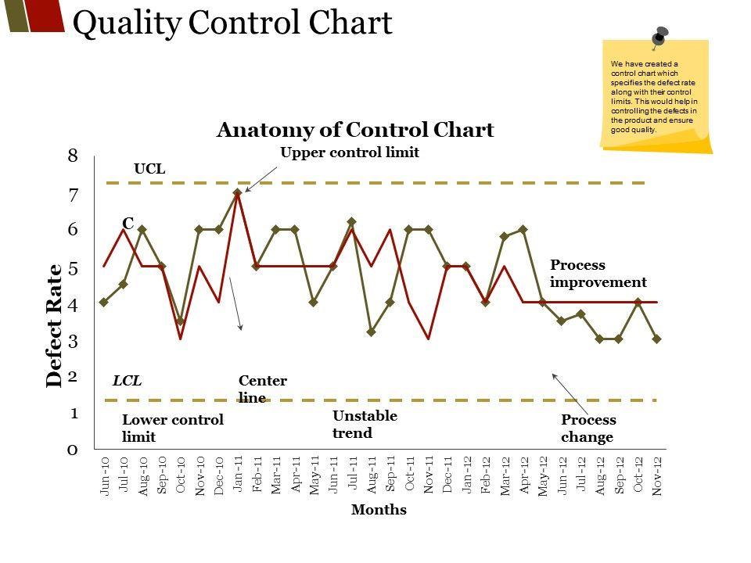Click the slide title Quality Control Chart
[x=232, y=23]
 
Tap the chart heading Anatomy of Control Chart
[x=354, y=130]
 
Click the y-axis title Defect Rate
[x=54, y=325]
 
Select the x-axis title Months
[x=379, y=510]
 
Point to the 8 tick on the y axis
[x=73, y=156]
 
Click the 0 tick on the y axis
[x=73, y=450]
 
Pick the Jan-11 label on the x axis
[x=238, y=474]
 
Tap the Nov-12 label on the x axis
[x=657, y=475]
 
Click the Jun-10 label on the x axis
[x=104, y=475]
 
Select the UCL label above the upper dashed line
[x=149, y=168]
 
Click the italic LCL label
[x=127, y=381]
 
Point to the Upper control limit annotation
[x=350, y=152]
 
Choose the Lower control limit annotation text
[x=172, y=428]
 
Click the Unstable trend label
[x=365, y=424]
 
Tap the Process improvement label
[x=598, y=274]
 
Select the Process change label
[x=588, y=429]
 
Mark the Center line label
[x=262, y=389]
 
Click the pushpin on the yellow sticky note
[x=659, y=36]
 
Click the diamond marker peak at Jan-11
[x=237, y=192]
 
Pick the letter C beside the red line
[x=127, y=223]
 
